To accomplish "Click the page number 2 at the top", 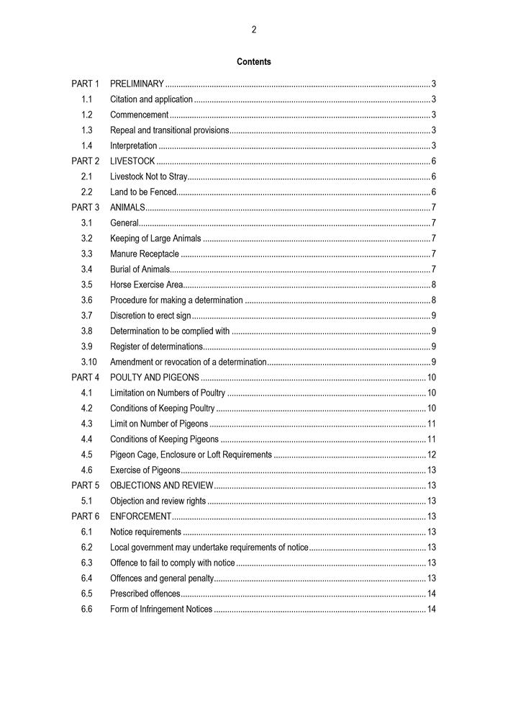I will point(254,30).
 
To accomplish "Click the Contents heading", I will point(254,62).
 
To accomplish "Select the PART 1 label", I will point(86,84).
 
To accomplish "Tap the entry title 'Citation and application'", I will point(151,99).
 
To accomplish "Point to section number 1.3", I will point(86,130).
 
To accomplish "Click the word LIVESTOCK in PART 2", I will point(132,161).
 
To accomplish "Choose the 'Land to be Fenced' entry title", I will point(142,192).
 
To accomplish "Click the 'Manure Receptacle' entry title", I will point(145,254).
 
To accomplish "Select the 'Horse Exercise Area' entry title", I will point(146,285).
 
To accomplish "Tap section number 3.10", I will point(89,362).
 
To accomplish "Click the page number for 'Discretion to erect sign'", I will point(433,316).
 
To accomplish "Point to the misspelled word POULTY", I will point(125,377).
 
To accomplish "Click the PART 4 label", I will point(86,377).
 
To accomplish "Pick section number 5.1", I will point(86,501).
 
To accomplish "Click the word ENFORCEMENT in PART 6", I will point(140,517).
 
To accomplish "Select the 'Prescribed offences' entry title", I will point(145,594).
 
